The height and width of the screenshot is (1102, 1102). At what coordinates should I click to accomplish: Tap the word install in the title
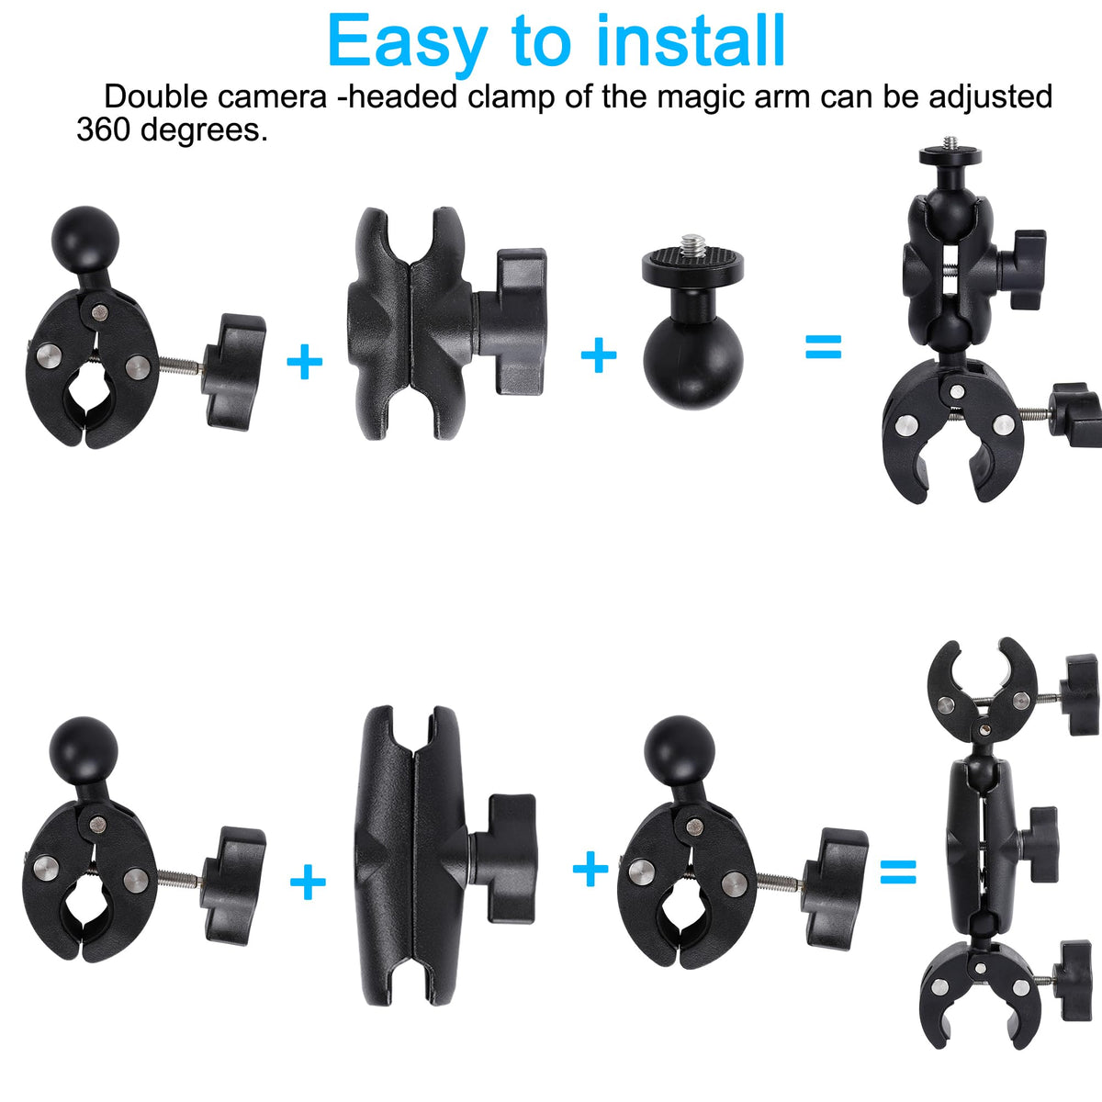tap(690, 40)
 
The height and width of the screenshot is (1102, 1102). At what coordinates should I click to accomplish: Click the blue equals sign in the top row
tap(823, 346)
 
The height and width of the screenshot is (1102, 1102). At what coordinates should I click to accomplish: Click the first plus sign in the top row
tap(304, 362)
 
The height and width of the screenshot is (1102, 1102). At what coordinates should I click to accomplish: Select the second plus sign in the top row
tap(599, 354)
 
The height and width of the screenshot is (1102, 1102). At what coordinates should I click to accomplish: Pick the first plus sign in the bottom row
tap(309, 882)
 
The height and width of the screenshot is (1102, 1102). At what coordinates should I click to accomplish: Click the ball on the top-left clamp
tap(85, 241)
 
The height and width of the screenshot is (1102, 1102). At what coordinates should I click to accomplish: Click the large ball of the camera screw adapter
tap(693, 358)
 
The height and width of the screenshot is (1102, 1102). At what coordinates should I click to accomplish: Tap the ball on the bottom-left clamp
tap(84, 751)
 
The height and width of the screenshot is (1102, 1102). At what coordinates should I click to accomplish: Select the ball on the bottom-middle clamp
tap(680, 749)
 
